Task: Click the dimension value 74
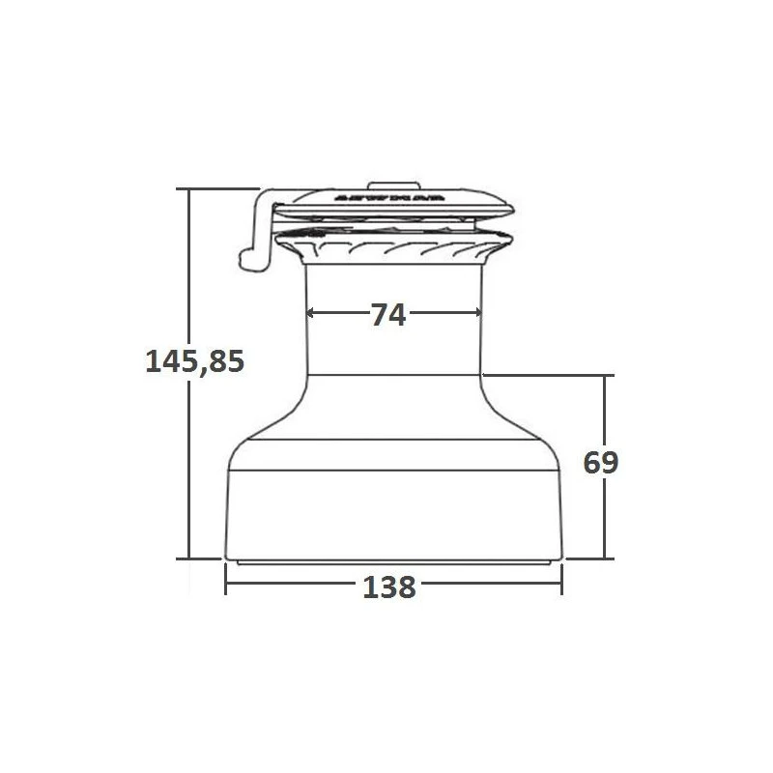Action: (x=388, y=313)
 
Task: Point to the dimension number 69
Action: (x=601, y=463)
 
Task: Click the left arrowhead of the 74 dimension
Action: (x=311, y=313)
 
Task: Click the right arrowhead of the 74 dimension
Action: (x=476, y=313)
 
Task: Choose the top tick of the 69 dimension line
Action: (x=605, y=375)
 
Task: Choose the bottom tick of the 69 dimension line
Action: (x=605, y=558)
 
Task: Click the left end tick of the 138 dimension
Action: (x=225, y=586)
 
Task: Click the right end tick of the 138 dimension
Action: (x=561, y=586)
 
